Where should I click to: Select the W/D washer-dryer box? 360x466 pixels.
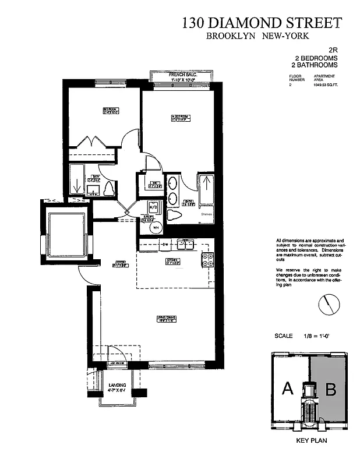[x=153, y=207]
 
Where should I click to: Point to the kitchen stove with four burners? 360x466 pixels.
[x=206, y=260]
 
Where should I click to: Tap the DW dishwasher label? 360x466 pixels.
[x=165, y=244]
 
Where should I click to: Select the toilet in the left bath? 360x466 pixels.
[x=109, y=189]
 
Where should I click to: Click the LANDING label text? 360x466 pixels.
[x=118, y=385]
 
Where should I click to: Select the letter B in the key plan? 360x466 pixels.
[x=330, y=389]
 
